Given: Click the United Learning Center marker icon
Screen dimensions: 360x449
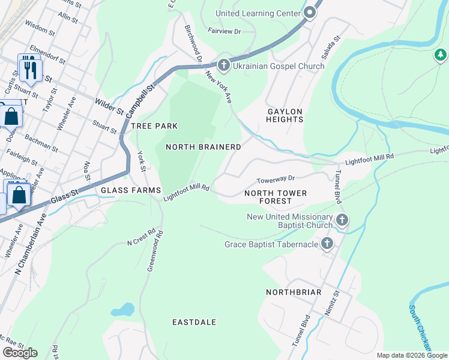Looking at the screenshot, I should [310, 13].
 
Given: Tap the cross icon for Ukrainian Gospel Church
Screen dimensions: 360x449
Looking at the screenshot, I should [223, 65].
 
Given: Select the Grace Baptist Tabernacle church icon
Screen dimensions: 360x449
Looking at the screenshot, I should [327, 244].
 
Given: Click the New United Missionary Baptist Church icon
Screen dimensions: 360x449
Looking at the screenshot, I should [342, 220].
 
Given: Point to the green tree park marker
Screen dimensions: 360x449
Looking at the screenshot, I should [441, 56].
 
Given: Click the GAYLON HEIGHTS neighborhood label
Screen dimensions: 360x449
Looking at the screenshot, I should [285, 115].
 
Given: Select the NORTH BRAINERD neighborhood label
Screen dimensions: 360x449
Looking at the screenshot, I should [203, 147].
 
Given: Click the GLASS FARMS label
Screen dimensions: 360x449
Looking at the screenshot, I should [131, 190].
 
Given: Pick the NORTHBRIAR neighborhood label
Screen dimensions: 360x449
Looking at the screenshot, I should [294, 292].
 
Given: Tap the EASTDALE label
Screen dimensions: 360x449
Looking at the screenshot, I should [194, 322].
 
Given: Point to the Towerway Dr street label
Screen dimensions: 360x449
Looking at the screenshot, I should [276, 178].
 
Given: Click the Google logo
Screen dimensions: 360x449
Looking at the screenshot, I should [20, 353].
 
